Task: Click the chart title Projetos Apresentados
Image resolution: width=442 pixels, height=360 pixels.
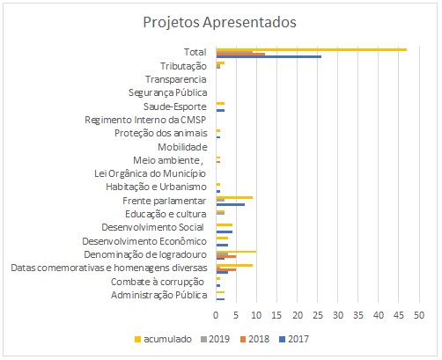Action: [219, 22]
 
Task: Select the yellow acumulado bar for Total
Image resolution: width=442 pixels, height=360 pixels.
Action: [312, 49]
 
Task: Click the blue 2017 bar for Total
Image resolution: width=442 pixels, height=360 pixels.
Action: [269, 56]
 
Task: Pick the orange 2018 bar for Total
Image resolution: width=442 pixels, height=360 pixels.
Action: [240, 55]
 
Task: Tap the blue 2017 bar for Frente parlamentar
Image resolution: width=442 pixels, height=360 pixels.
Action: [231, 204]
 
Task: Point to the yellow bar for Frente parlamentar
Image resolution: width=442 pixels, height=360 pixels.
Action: [234, 197]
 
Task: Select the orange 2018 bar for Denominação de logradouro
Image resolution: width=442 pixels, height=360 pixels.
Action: [226, 256]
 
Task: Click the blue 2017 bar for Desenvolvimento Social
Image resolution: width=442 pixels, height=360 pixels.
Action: [225, 231]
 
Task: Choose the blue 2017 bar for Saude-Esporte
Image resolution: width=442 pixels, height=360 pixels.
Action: [220, 110]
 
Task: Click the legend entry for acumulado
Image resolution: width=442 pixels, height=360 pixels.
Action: [163, 339]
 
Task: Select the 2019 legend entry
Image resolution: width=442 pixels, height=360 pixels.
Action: [215, 339]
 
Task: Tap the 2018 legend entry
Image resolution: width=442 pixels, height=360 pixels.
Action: [254, 339]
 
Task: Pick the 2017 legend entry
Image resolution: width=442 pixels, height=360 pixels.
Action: [294, 339]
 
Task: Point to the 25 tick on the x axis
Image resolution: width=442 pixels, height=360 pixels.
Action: [318, 315]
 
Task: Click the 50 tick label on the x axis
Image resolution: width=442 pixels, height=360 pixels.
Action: [419, 315]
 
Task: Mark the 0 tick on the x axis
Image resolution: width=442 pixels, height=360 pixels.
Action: [216, 315]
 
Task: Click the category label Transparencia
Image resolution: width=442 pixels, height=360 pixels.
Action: [176, 79]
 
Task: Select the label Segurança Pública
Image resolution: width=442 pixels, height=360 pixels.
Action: [168, 92]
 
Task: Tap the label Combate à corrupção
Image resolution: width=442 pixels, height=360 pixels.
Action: [158, 282]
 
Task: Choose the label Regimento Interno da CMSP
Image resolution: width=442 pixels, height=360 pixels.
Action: [145, 120]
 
